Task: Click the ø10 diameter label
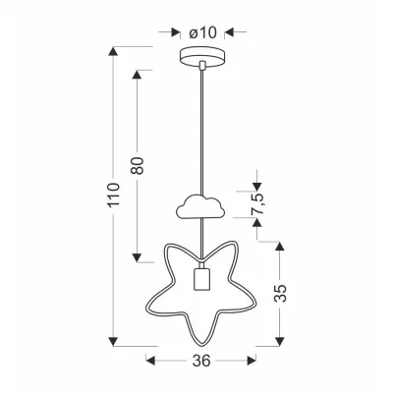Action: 203,32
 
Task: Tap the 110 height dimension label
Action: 114,195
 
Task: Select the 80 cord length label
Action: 138,166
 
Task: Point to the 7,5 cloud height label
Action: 257,203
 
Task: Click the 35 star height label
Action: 280,293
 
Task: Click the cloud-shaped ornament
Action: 200,206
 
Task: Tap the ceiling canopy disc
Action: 203,58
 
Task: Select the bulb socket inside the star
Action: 200,279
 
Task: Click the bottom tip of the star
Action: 201,344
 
